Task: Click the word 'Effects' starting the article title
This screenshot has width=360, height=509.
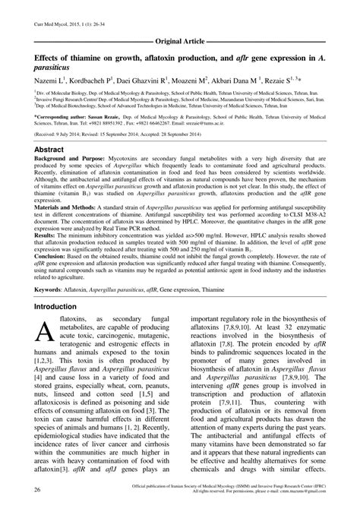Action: (39, 54)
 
